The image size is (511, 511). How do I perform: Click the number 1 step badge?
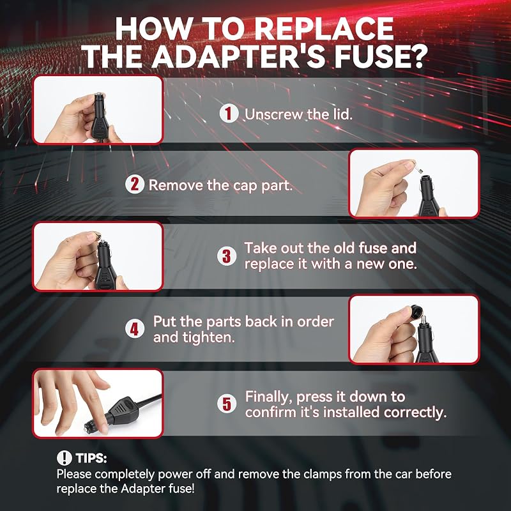229,114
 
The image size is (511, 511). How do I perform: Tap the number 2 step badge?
135,185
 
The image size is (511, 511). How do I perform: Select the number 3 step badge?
227,256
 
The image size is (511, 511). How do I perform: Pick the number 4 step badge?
135,329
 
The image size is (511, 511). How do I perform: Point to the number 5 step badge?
227,404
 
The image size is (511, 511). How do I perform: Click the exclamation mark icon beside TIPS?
65,458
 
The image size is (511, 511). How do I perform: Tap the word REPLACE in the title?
324,29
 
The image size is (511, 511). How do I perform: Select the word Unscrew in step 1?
274,114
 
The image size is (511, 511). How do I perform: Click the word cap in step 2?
245,186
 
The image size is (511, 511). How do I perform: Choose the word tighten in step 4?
194,337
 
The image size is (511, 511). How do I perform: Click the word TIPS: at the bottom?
91,458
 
